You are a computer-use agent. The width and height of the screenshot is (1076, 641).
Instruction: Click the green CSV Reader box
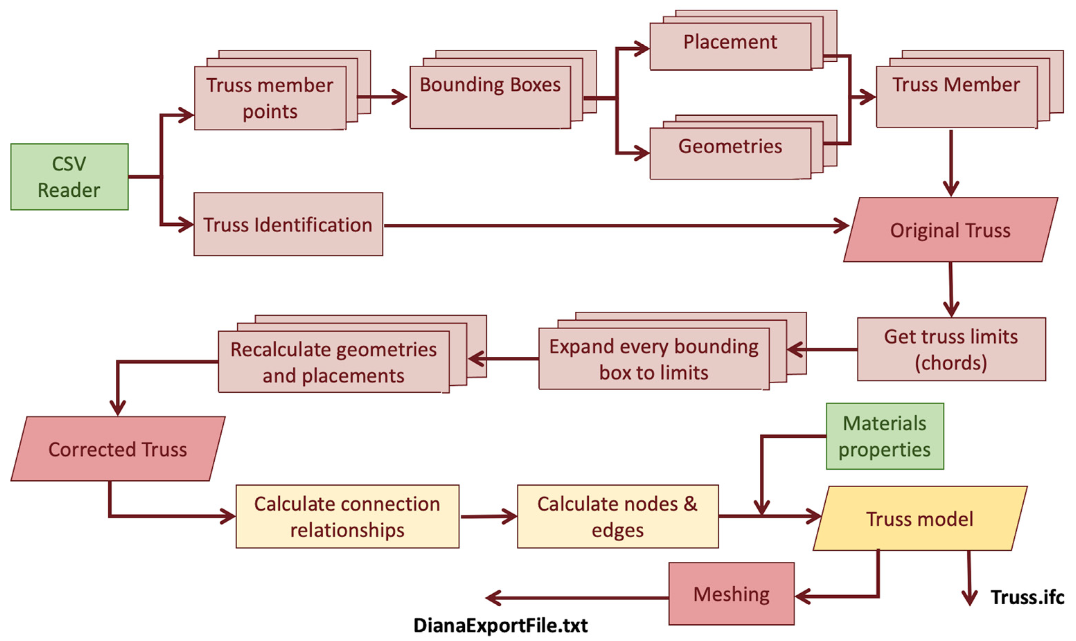[x=69, y=177]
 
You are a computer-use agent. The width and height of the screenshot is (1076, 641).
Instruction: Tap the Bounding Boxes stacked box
[x=490, y=97]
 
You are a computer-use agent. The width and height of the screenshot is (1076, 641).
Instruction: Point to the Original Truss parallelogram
[x=950, y=230]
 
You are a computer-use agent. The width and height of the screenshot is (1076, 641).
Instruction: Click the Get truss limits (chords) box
[x=951, y=349]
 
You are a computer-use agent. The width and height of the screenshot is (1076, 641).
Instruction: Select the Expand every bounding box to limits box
[x=653, y=359]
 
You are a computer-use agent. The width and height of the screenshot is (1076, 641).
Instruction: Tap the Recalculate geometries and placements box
[x=334, y=362]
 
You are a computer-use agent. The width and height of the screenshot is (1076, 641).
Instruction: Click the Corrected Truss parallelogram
[x=117, y=449]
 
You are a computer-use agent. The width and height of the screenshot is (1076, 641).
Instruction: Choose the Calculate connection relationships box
[x=347, y=517]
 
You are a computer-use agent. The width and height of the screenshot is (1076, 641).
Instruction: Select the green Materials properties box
[x=884, y=436]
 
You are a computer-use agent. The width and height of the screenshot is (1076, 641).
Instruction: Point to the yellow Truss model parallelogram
[x=920, y=518]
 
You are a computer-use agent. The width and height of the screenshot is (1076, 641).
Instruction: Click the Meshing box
[x=731, y=594]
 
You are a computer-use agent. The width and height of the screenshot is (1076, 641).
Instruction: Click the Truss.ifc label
[x=1027, y=597]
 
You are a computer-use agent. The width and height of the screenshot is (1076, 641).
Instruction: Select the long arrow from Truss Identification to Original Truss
[x=613, y=225]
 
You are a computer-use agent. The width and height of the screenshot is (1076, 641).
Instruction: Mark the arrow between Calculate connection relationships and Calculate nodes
[x=488, y=517]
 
